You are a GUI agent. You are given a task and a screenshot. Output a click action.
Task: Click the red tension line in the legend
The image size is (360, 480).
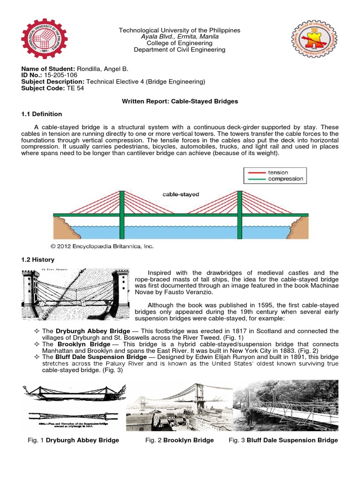[x=255, y=172]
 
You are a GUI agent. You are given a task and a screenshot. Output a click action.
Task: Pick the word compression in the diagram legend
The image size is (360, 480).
[x=286, y=179]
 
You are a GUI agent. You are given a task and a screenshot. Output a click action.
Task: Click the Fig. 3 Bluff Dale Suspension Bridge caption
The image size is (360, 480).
[x=283, y=440]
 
